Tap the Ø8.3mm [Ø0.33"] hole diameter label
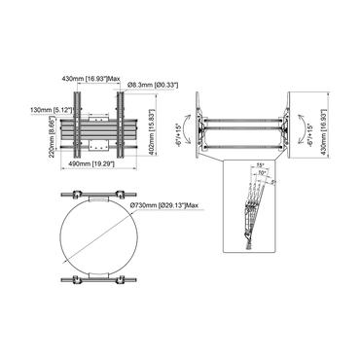point(153,86)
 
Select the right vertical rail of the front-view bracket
point(123,122)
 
